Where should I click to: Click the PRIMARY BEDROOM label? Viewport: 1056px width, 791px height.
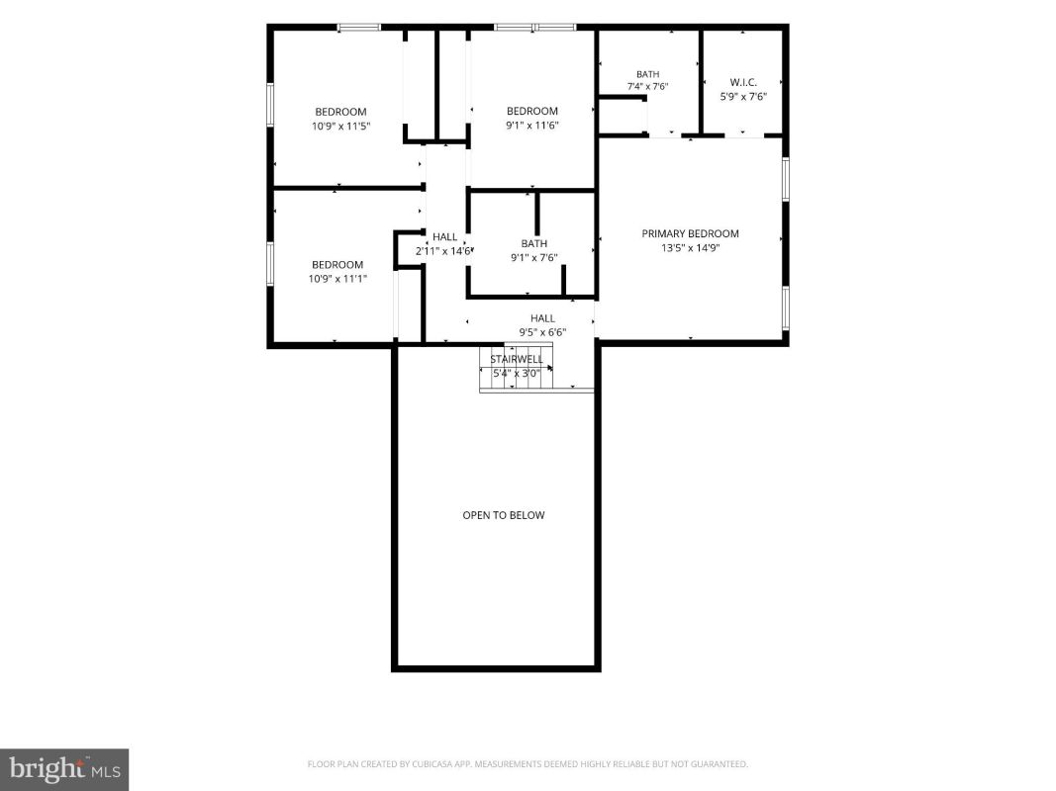[690, 233]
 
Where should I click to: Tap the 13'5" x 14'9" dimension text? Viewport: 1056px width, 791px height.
[690, 247]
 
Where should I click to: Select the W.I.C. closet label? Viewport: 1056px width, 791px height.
[743, 82]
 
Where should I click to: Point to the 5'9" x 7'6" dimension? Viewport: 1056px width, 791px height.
[743, 96]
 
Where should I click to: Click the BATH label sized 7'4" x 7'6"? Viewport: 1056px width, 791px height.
[648, 74]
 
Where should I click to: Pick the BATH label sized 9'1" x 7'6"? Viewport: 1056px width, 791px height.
[534, 243]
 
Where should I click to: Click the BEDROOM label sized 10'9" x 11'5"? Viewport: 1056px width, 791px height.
[340, 112]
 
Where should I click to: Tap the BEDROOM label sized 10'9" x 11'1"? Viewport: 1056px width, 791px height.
[337, 264]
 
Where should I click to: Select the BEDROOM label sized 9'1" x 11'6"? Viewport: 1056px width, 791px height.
[532, 111]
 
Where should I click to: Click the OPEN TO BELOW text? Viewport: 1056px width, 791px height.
[503, 515]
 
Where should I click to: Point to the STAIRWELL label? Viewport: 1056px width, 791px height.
[516, 359]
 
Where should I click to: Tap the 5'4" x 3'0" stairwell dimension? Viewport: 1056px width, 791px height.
[517, 374]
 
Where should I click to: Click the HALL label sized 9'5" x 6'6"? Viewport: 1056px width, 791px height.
[542, 318]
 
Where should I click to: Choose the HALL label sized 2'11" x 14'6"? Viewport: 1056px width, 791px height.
[444, 236]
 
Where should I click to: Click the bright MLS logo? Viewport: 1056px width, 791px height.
[64, 769]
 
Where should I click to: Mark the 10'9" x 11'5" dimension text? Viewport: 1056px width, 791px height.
[340, 126]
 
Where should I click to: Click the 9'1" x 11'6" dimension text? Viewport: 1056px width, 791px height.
[532, 126]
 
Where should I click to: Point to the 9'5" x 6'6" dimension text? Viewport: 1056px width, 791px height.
[542, 332]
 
